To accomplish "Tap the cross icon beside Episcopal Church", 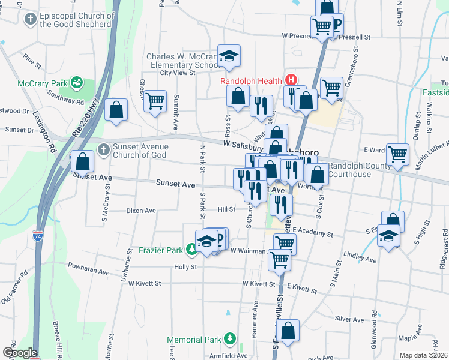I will click(30, 19).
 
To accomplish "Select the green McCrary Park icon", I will click(76, 82).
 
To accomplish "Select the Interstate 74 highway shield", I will click(37, 236).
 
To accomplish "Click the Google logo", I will click(19, 352).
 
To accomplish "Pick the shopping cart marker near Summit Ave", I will click(155, 101).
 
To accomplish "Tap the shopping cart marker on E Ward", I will click(397, 154).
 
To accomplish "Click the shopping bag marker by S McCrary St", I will click(82, 161).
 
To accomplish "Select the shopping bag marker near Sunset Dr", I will click(116, 110).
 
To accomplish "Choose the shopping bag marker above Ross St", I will click(238, 96).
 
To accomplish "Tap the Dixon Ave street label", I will click(141, 211).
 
